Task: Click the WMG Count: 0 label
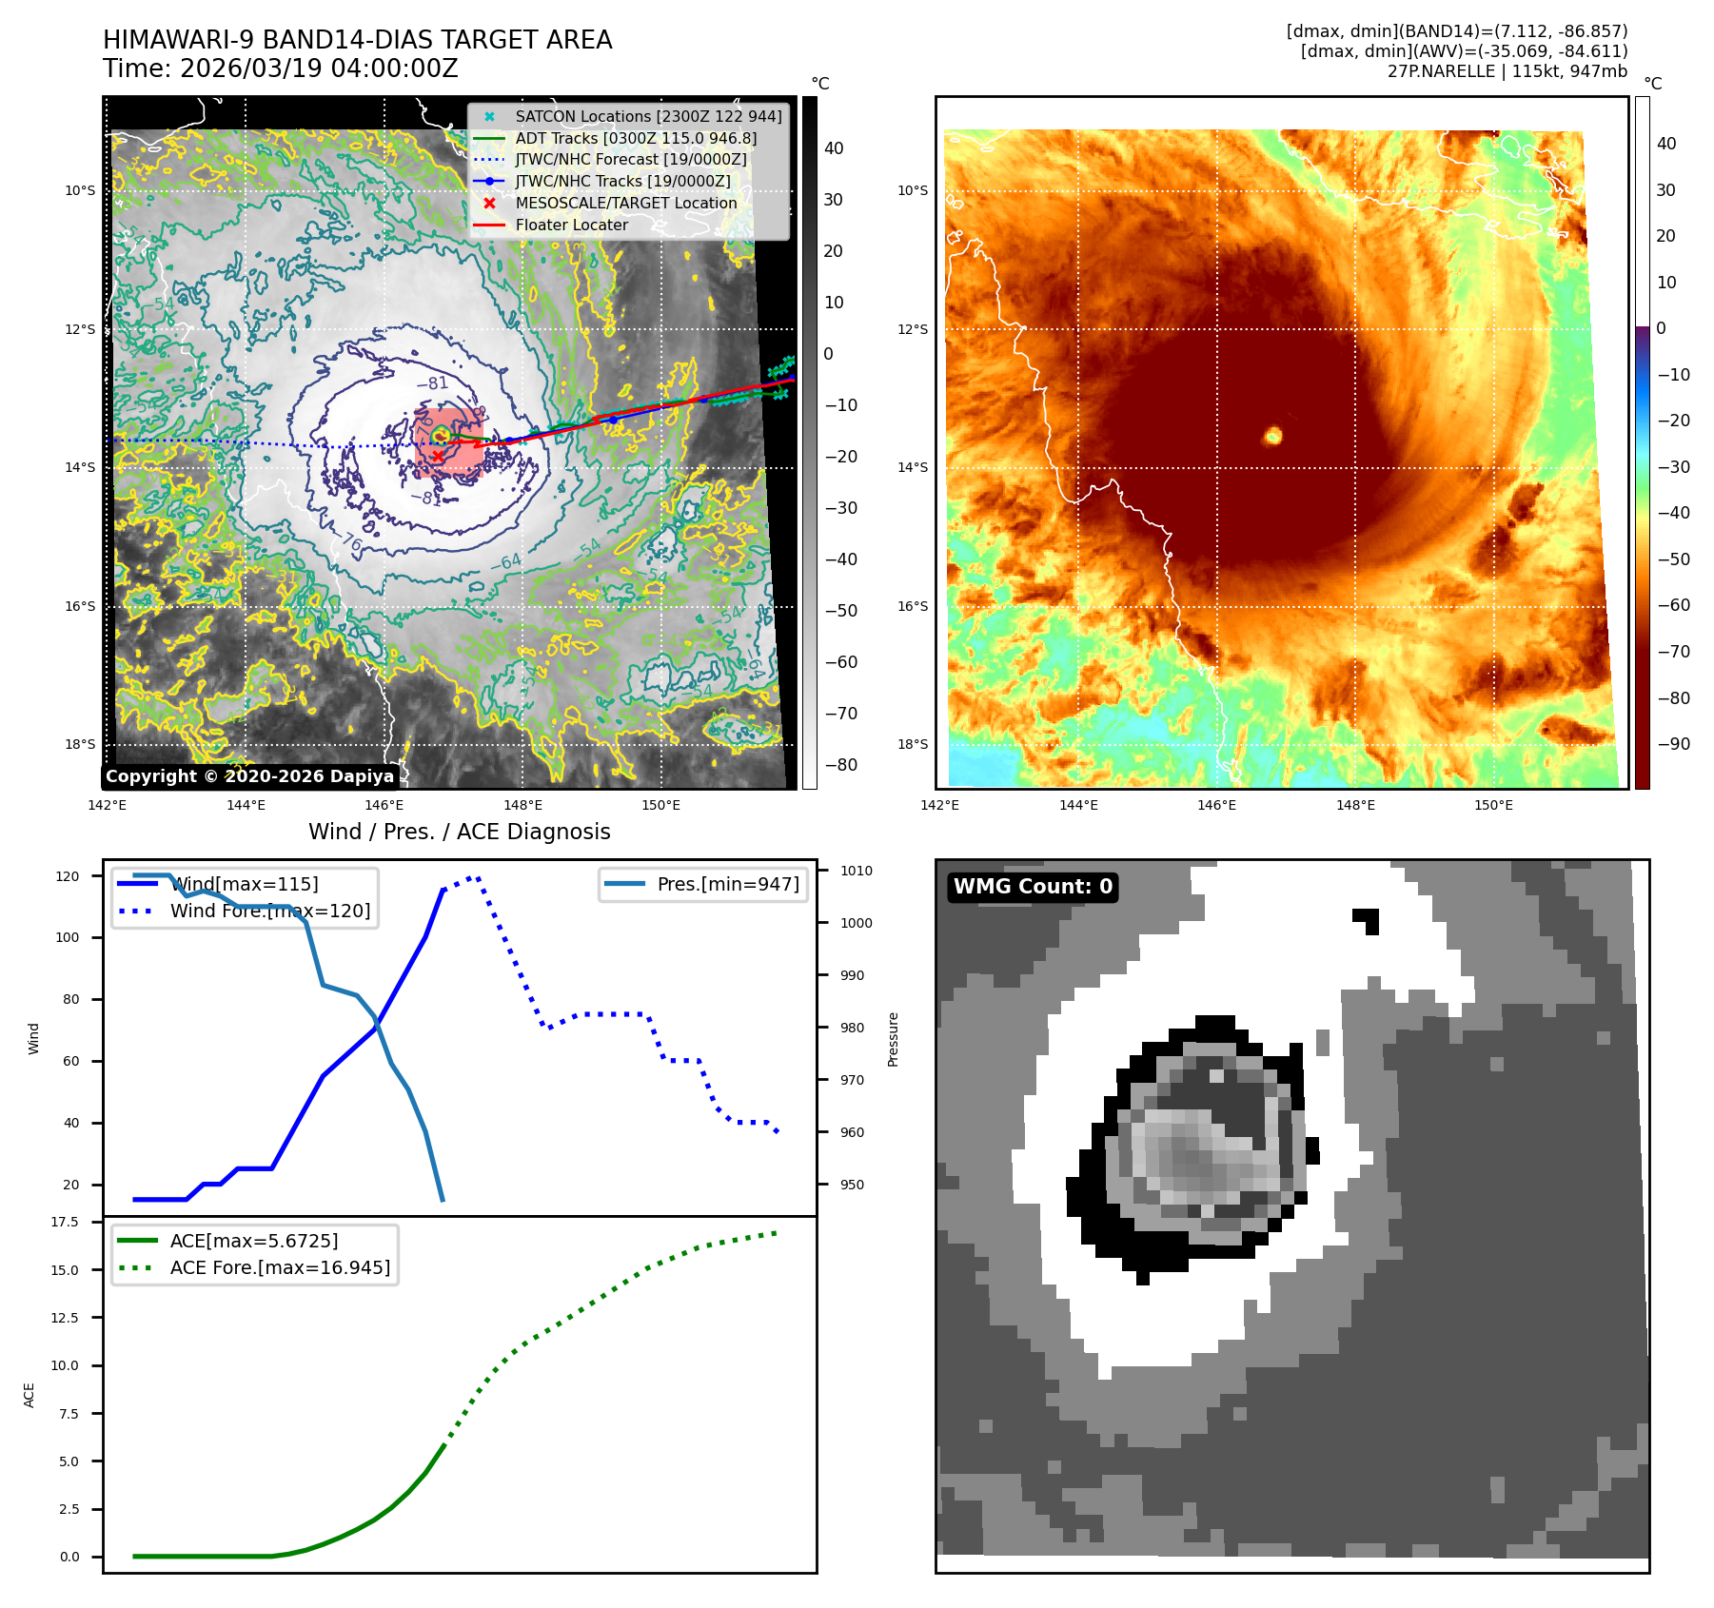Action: (x=1033, y=887)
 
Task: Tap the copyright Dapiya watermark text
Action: (x=249, y=776)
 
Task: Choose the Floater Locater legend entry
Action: (x=571, y=226)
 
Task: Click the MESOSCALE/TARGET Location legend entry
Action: (x=625, y=204)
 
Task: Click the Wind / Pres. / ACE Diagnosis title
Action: (x=459, y=832)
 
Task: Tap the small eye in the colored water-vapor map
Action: (x=1272, y=436)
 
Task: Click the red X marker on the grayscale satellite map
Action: (x=437, y=457)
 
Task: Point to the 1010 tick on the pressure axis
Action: (x=856, y=871)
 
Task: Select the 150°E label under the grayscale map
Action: (x=660, y=806)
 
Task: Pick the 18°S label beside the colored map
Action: (x=912, y=744)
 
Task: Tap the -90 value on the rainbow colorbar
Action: (x=1673, y=744)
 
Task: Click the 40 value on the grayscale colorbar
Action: (x=834, y=148)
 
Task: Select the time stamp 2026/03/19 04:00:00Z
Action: (x=319, y=69)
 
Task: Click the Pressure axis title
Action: (x=893, y=1039)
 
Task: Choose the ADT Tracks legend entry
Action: (x=635, y=138)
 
